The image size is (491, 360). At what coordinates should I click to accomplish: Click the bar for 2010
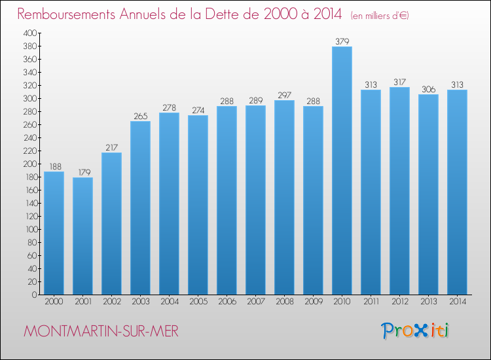coord(342,171)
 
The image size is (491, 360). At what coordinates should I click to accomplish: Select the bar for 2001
coord(82,236)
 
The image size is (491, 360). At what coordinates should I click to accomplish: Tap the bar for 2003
coord(140,208)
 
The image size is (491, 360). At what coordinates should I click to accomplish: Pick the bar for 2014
coord(457,192)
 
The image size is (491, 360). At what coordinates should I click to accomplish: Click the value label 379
coord(342,41)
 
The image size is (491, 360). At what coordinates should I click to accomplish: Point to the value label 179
coord(84,172)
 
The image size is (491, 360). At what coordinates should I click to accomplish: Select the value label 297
coord(284,95)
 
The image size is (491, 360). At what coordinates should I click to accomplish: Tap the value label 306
coord(428,89)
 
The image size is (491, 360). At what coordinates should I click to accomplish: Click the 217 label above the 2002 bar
coord(111,147)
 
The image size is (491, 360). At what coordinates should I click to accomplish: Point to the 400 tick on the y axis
coord(30,33)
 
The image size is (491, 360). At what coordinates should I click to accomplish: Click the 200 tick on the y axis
coord(30,164)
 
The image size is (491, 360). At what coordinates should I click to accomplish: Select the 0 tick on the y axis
coord(35,295)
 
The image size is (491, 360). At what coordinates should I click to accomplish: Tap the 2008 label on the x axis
coord(285,302)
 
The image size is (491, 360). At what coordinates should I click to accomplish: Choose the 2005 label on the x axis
coord(198,302)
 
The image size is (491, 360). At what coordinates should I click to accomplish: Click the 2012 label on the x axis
coord(400,302)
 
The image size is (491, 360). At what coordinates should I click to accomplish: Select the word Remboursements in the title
coord(66,14)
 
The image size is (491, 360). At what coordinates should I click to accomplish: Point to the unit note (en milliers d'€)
coord(380,16)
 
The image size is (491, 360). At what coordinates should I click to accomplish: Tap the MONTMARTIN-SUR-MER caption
coord(101,331)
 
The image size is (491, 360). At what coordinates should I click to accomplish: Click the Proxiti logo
coord(415,331)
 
